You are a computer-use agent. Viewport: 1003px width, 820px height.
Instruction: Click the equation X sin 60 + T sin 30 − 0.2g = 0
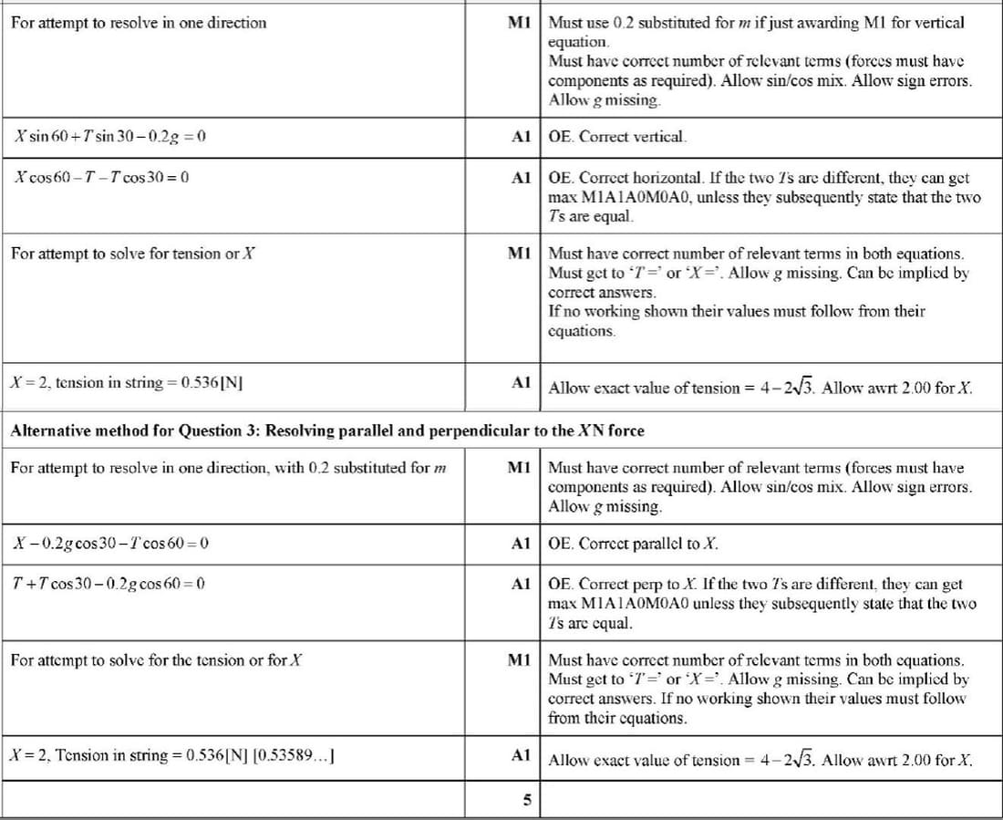tap(110, 137)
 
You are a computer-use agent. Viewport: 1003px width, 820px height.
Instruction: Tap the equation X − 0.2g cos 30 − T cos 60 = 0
tap(111, 544)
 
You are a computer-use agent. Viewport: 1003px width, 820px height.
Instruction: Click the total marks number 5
tap(526, 800)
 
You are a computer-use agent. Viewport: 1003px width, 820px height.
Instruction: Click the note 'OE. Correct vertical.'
tap(616, 137)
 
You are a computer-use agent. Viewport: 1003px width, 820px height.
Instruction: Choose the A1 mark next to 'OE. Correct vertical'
tap(521, 137)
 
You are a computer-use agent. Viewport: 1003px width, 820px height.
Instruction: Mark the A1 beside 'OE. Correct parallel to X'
tap(521, 544)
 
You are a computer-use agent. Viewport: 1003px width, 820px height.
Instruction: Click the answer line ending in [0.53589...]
tap(170, 755)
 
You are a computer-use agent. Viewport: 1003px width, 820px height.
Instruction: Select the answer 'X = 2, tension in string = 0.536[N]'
tap(126, 382)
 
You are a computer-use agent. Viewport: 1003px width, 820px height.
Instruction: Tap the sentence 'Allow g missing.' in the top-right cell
tap(604, 100)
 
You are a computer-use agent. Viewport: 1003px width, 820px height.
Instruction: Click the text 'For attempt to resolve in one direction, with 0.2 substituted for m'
tap(229, 468)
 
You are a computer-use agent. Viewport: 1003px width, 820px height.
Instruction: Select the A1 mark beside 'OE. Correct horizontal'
tap(521, 177)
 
